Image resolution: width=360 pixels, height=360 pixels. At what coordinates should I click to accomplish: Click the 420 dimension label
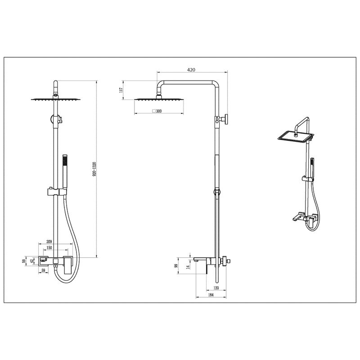191,70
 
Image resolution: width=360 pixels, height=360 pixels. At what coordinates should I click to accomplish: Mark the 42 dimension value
31,261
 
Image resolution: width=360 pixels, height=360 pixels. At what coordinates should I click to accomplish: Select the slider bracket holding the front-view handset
55,192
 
